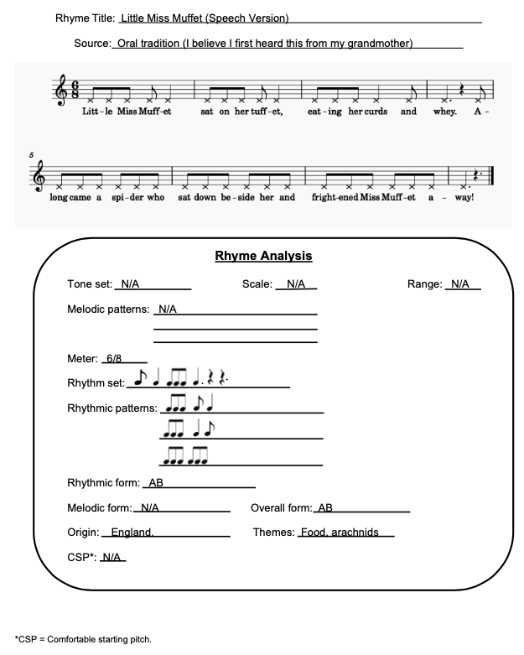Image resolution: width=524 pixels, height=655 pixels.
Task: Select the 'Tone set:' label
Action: click(x=90, y=284)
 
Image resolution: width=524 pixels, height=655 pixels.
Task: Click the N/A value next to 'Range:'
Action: click(x=459, y=284)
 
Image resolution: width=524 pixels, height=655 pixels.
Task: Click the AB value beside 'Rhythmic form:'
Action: click(x=156, y=483)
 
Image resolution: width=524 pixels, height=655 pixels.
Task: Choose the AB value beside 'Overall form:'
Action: click(x=325, y=508)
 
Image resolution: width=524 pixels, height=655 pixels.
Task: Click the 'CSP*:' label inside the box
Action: click(x=81, y=557)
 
